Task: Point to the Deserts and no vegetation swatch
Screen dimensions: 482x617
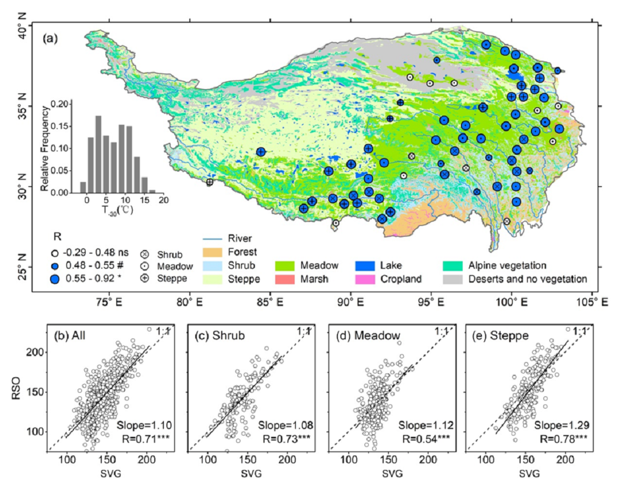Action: coord(453,279)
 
